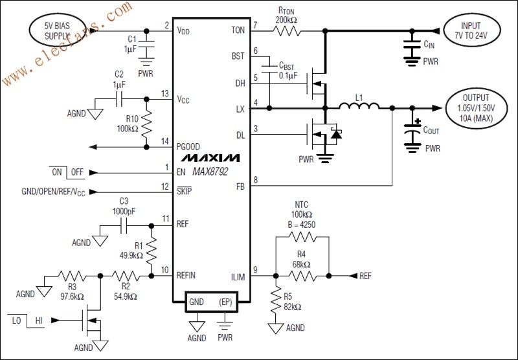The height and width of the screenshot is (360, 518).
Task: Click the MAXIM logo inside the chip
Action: (x=210, y=157)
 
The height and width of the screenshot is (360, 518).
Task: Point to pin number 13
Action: (x=166, y=94)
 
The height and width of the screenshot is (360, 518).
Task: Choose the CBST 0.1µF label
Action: (x=287, y=70)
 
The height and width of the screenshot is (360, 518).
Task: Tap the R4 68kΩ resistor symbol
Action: (x=302, y=276)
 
